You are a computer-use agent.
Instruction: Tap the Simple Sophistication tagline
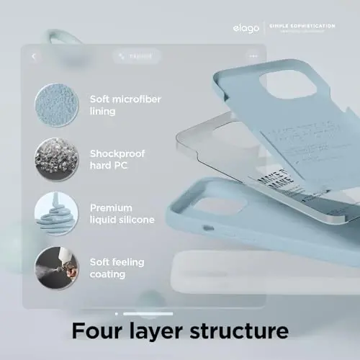(302, 26)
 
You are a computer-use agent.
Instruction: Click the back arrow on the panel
(35, 55)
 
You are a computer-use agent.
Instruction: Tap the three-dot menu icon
(253, 55)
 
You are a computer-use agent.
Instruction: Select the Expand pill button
(136, 55)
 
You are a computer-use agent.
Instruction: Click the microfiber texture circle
(55, 104)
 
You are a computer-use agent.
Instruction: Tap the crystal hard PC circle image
(55, 159)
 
